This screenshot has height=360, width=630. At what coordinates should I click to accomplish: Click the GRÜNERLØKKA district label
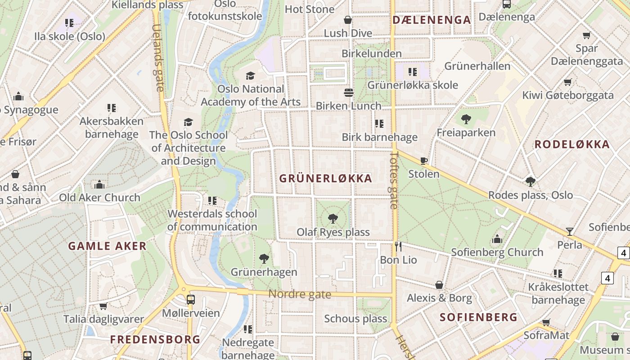(326, 179)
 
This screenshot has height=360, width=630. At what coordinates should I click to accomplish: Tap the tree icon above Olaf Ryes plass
(333, 219)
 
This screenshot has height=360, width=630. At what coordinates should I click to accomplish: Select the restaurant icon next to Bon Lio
(398, 246)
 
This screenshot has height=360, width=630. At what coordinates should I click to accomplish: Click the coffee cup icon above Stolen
(423, 161)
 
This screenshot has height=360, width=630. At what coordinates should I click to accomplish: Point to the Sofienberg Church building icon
(497, 239)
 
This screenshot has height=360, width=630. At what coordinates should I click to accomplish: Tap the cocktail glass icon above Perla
(570, 231)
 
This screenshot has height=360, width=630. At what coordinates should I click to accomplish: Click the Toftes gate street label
(394, 180)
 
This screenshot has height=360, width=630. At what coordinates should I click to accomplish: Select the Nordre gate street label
(300, 295)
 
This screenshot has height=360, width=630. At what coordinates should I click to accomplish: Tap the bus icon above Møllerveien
(191, 300)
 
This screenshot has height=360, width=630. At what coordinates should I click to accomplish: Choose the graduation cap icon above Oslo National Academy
(250, 76)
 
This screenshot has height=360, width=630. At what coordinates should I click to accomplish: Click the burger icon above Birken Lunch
(348, 93)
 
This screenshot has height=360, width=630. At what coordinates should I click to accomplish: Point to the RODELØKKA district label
(572, 144)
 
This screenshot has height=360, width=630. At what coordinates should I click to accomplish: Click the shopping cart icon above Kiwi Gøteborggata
(568, 82)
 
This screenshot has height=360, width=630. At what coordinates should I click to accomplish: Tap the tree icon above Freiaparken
(466, 119)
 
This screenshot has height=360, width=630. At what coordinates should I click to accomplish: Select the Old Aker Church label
(100, 198)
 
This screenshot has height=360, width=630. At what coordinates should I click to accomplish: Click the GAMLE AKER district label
(107, 246)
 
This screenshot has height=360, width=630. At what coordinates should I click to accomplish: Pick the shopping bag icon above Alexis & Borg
(439, 285)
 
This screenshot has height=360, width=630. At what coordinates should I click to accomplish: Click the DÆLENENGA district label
(432, 20)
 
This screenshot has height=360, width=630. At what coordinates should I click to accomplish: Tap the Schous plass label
(355, 319)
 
